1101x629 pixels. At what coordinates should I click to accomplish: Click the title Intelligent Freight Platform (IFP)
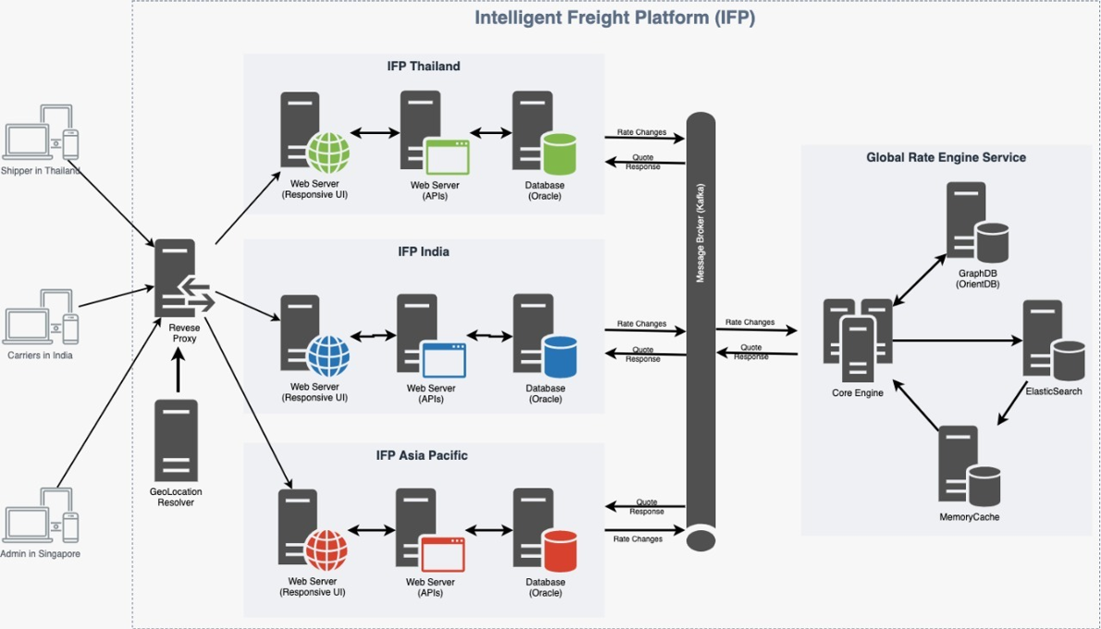(x=614, y=18)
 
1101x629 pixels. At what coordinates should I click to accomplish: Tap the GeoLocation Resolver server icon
(x=176, y=439)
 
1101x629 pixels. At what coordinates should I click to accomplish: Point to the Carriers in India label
(x=40, y=355)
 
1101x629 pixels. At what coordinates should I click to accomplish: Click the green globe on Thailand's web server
(x=328, y=154)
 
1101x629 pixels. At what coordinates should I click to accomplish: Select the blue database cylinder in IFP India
(x=560, y=356)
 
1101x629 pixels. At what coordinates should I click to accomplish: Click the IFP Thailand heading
(x=423, y=67)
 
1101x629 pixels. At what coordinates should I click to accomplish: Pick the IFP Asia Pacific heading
(x=422, y=455)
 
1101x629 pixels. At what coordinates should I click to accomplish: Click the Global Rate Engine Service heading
(x=946, y=157)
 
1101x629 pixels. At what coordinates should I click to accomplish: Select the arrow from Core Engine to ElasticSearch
(x=957, y=340)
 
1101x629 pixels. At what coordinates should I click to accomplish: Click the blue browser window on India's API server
(x=443, y=359)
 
